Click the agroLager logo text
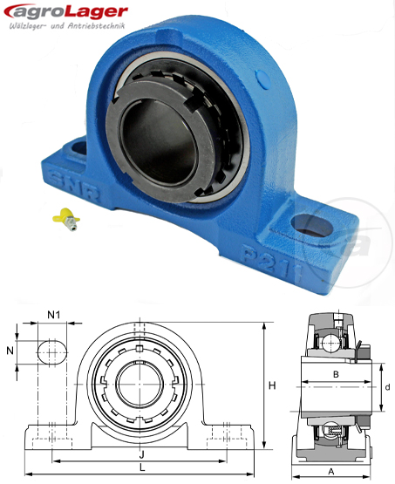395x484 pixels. click(66, 12)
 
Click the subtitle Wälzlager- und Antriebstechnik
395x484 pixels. click(66, 30)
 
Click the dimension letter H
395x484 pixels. click(272, 385)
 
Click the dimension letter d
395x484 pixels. click(385, 385)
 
